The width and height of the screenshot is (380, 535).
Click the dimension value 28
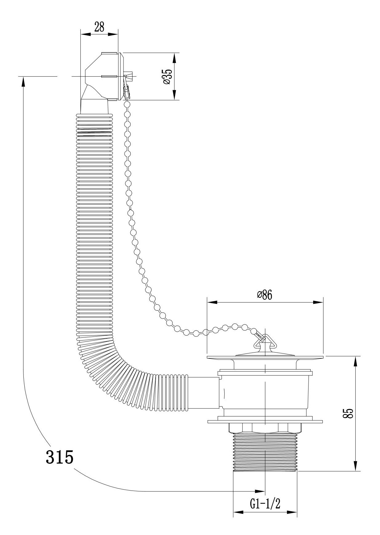(x=99, y=27)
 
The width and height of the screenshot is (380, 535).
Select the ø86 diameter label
(x=265, y=295)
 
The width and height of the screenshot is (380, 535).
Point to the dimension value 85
(x=349, y=413)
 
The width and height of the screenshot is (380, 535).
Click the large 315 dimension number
(x=59, y=457)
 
